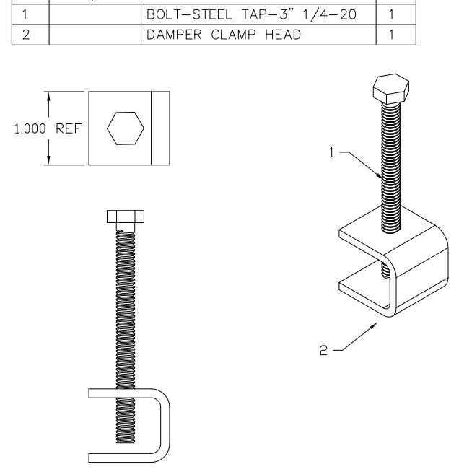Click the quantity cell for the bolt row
coord(390,14)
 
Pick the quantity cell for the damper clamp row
coord(390,34)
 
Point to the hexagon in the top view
coord(125,128)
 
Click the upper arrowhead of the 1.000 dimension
coord(48,97)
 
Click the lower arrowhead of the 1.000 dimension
coord(48,160)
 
